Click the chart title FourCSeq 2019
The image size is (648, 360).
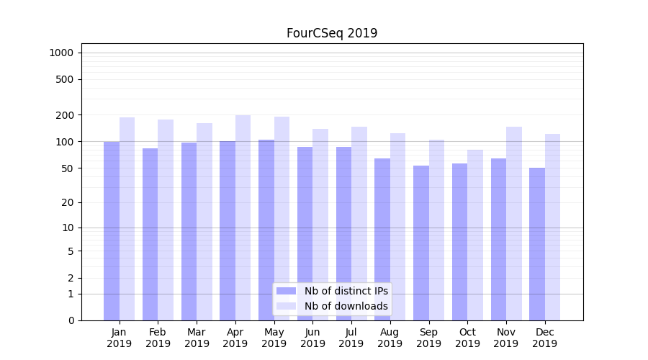pyautogui.click(x=332, y=33)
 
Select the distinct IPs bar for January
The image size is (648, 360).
pyautogui.click(x=112, y=230)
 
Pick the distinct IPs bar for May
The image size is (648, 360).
pyautogui.click(x=266, y=230)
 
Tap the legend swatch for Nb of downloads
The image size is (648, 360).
pyautogui.click(x=287, y=306)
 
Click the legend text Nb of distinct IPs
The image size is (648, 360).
pyautogui.click(x=346, y=291)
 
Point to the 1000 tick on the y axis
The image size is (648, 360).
pyautogui.click(x=61, y=53)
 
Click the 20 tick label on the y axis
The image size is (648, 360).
pyautogui.click(x=68, y=202)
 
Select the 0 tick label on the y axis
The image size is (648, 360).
pyautogui.click(x=71, y=320)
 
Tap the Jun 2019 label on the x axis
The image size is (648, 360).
pyautogui.click(x=312, y=338)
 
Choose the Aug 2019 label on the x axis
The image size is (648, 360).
pyautogui.click(x=390, y=338)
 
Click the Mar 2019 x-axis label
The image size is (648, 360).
pyautogui.click(x=197, y=338)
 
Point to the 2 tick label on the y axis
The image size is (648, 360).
pyautogui.click(x=71, y=278)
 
